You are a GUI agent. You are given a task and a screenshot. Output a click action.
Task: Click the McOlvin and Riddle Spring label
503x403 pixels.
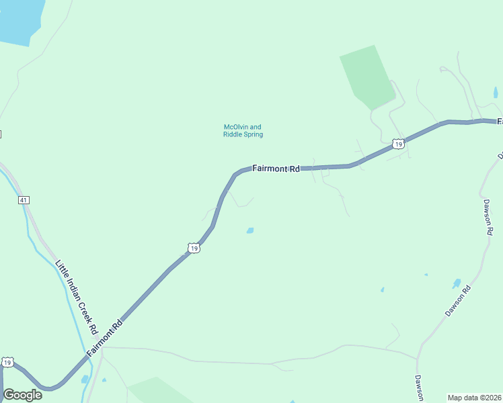243,130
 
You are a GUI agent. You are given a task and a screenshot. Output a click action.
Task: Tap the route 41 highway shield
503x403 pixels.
24,200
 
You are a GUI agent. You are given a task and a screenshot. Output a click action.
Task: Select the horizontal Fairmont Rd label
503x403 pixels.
276,169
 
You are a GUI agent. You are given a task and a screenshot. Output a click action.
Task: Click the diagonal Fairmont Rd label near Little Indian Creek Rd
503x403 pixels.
105,338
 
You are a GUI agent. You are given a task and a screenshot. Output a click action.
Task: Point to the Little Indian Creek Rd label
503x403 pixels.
76,298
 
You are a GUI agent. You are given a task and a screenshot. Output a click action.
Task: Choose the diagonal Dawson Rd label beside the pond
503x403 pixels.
458,302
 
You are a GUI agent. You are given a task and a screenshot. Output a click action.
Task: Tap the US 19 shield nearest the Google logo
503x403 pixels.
7,362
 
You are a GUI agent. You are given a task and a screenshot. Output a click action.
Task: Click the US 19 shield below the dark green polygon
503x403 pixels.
398,144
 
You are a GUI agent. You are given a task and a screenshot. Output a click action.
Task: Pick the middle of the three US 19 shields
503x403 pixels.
194,249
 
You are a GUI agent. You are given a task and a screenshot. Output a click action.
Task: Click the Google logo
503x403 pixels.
22,395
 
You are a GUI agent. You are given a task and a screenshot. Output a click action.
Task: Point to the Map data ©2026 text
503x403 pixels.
475,397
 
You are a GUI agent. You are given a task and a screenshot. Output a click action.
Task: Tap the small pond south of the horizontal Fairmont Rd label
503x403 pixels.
250,230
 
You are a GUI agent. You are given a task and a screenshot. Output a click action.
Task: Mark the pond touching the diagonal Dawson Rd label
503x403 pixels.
457,283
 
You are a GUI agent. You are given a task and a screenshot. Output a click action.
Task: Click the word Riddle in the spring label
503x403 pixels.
233,134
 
